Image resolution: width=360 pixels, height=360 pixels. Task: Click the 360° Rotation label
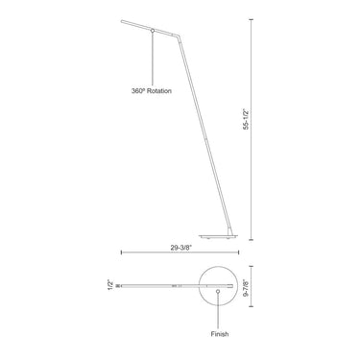click(153, 92)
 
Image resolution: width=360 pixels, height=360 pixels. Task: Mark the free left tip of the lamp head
click(121, 18)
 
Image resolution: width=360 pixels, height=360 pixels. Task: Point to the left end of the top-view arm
click(123, 285)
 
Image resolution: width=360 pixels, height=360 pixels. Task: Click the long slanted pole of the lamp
click(203, 134)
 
